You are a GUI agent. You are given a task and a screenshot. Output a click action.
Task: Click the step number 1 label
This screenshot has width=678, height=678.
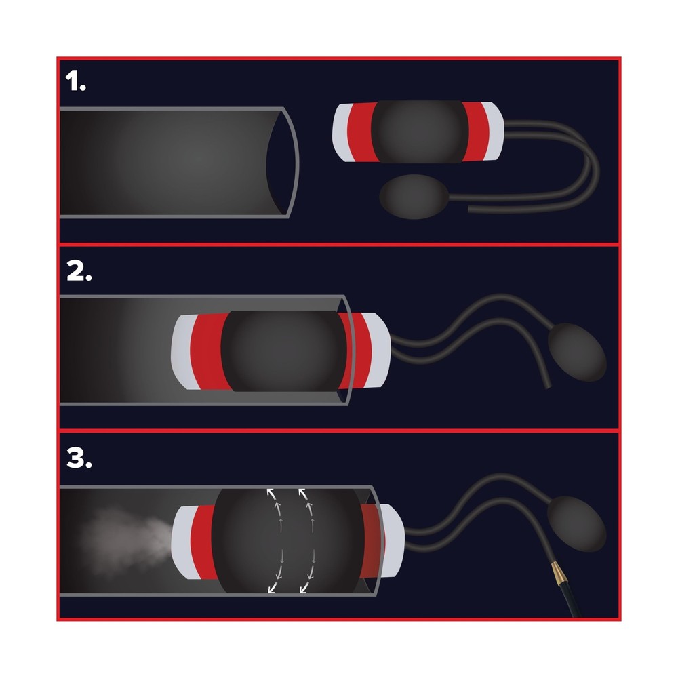[x=75, y=81]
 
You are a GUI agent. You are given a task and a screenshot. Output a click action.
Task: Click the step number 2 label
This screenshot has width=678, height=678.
[x=79, y=271]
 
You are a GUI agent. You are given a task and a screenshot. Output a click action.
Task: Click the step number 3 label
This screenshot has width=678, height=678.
[x=79, y=458]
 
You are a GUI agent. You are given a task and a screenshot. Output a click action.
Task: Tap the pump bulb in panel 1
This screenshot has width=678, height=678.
[x=414, y=197]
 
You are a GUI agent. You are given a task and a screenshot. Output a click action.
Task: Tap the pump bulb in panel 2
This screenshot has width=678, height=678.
[x=577, y=352]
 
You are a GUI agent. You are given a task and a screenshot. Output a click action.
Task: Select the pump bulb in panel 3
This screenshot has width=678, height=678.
[x=576, y=523]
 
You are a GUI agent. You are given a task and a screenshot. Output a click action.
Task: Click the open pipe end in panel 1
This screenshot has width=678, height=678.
[x=282, y=162]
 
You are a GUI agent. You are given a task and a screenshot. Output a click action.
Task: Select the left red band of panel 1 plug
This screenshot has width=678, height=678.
[x=362, y=132]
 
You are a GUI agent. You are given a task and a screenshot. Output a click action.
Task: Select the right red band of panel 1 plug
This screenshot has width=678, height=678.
[x=476, y=132]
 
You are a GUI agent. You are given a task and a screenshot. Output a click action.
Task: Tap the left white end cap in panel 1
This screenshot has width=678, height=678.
[x=342, y=133]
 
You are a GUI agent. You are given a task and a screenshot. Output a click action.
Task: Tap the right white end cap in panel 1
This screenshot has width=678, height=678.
[x=494, y=131]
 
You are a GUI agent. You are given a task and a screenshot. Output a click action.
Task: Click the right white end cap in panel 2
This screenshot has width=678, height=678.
[x=379, y=350]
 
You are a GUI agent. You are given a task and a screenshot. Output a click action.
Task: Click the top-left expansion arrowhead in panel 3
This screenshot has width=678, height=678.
[x=271, y=493]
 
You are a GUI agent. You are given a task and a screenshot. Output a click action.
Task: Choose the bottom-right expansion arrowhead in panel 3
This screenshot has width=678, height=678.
[x=304, y=588]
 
